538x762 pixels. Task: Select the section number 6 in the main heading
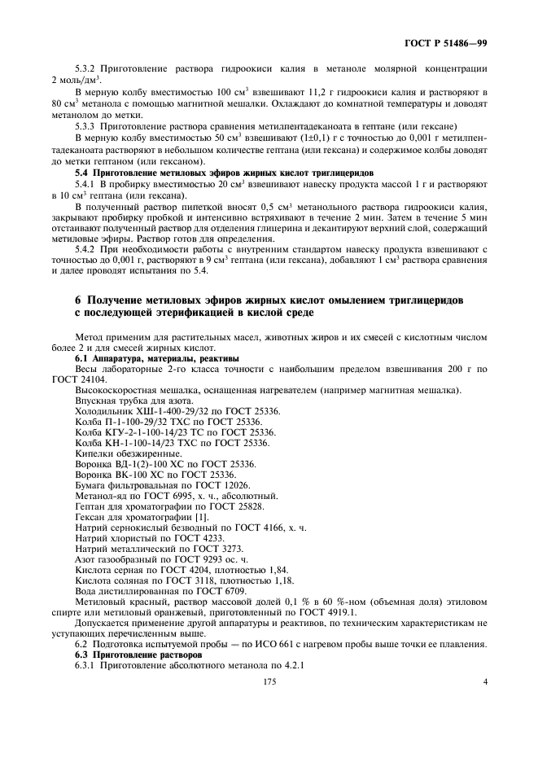tap(79, 300)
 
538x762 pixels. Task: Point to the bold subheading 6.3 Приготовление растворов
tap(127, 655)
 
